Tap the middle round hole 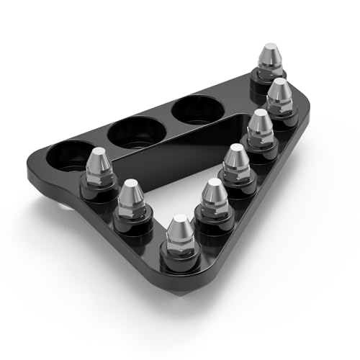[x=135, y=131]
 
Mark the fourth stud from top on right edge [x=236, y=162]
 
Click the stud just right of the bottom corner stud [x=212, y=198]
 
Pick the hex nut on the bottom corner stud [x=179, y=248]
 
